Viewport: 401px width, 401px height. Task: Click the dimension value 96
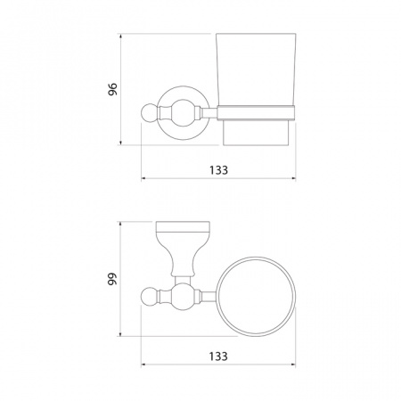coord(113,89)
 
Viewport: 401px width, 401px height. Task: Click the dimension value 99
coord(113,279)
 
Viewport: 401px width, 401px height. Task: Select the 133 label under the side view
coord(218,170)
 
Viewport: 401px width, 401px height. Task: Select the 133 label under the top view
coord(218,356)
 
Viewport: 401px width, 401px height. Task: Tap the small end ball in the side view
coord(148,113)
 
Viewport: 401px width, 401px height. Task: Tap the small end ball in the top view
coord(148,297)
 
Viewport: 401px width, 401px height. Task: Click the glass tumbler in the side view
coord(256,89)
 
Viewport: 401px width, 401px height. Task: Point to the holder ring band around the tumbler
coord(256,113)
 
